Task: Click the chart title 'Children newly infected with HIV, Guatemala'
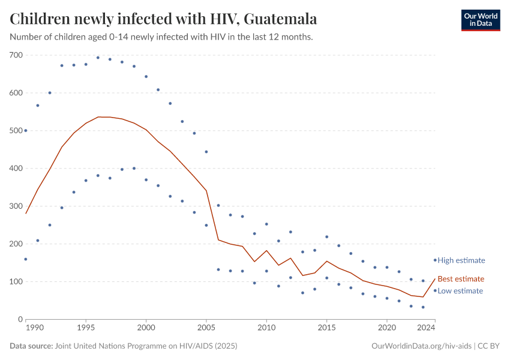pos(163,19)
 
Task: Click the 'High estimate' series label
pos(461,260)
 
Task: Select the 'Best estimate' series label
pos(460,279)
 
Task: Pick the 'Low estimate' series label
pos(460,291)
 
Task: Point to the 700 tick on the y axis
pos(16,55)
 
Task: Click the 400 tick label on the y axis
pos(16,169)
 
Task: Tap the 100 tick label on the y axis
pos(16,281)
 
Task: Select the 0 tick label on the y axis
pos(20,319)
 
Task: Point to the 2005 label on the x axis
pos(206,328)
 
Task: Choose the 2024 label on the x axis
pos(426,328)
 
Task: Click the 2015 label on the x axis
pos(326,328)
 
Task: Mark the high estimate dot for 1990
pos(26,130)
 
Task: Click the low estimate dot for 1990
pos(26,259)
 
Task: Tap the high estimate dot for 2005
pos(206,152)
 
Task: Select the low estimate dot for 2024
pos(435,290)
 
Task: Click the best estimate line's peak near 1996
pos(98,117)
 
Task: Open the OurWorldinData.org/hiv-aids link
pos(422,346)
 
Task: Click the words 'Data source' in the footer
pos(31,346)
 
